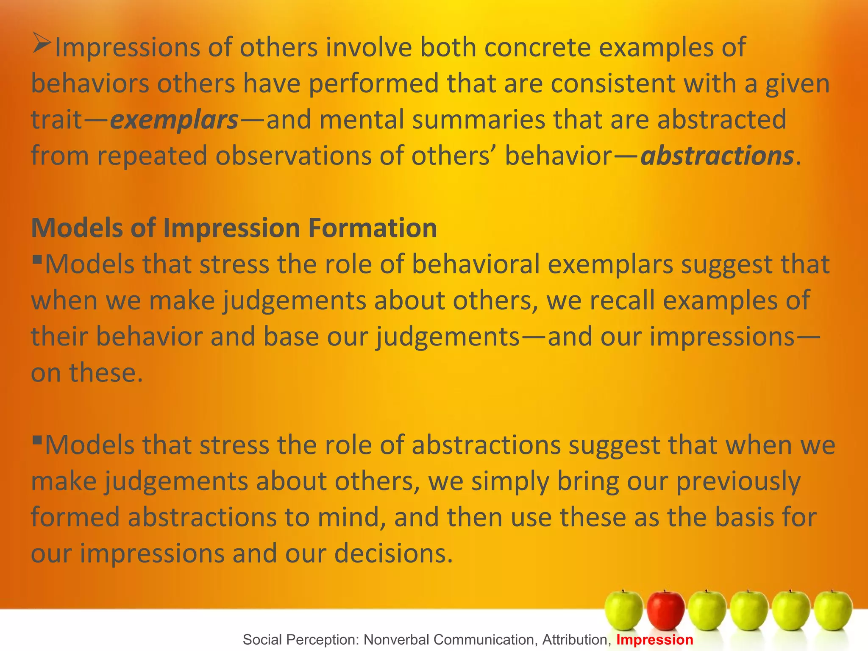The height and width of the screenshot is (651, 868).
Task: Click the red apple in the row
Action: pos(665,610)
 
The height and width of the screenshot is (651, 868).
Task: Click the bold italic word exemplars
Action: pos(174,120)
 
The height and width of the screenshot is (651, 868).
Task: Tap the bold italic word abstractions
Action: pos(717,156)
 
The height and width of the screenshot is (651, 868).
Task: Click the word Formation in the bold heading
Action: pos(373,228)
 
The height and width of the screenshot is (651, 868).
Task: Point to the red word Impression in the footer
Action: pos(654,640)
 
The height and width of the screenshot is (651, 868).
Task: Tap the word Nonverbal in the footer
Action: pos(395,640)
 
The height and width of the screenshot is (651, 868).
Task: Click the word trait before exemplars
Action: pos(56,120)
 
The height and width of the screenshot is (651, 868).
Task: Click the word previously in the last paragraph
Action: pos(738,482)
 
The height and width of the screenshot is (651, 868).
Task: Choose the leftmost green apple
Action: pos(623,610)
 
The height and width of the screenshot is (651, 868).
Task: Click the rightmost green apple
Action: pos(833,610)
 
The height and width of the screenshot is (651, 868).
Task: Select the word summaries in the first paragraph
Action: pos(479,120)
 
